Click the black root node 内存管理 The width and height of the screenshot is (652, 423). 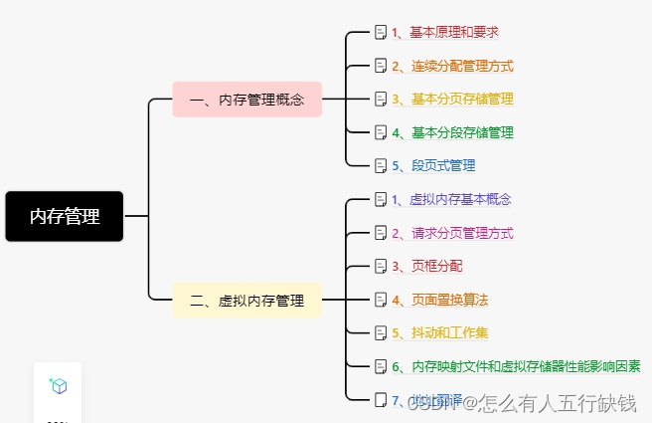pos(65,216)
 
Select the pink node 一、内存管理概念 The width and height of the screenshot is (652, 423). pos(247,100)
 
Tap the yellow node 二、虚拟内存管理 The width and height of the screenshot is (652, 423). pos(247,300)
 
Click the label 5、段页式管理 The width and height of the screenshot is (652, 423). pos(432,165)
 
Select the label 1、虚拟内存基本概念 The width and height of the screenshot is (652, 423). pos(450,199)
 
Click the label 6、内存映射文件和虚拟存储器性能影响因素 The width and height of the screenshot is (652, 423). pos(515,366)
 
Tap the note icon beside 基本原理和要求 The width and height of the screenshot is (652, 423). pos(380,32)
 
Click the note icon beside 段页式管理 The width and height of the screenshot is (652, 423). pos(380,165)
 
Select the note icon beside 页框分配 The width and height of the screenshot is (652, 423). pos(380,266)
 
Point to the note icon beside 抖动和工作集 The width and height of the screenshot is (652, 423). pos(380,332)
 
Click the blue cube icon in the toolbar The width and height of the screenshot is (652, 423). pos(59,386)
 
